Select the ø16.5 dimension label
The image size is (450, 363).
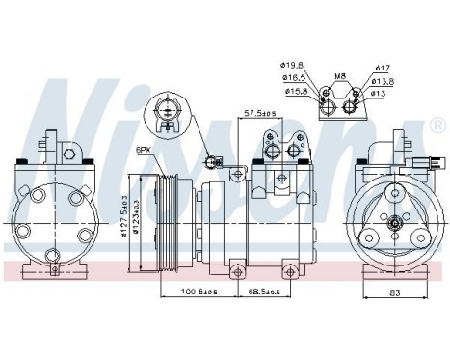coord(294,78)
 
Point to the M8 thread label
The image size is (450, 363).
coord(339,73)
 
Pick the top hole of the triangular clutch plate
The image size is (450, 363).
coord(394,192)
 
